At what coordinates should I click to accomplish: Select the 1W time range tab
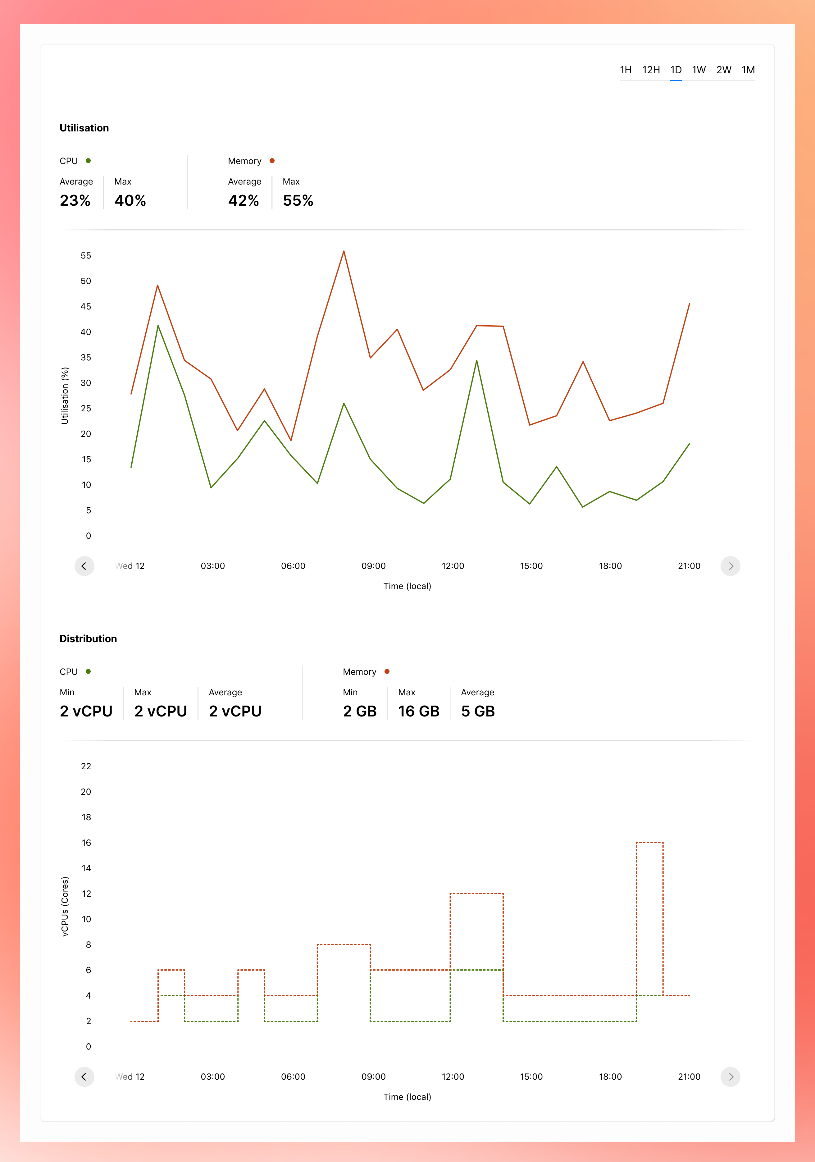click(x=699, y=70)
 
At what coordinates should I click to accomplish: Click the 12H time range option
click(x=651, y=70)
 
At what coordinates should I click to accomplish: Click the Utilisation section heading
click(x=84, y=128)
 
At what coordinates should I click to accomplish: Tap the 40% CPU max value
click(x=130, y=200)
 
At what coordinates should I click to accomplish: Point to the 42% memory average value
click(x=243, y=200)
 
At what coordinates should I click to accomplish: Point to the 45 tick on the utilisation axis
click(x=86, y=307)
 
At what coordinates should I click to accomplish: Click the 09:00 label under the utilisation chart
click(x=373, y=566)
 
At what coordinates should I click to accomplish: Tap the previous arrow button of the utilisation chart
click(x=84, y=566)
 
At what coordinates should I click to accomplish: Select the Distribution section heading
click(x=88, y=639)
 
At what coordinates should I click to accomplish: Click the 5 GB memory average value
click(x=478, y=711)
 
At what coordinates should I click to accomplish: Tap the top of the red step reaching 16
click(x=649, y=843)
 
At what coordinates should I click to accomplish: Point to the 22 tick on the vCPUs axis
click(x=86, y=766)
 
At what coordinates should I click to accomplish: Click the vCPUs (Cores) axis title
click(x=65, y=906)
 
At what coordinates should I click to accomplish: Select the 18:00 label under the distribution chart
click(x=610, y=1077)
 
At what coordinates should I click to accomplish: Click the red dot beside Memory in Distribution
click(x=387, y=672)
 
